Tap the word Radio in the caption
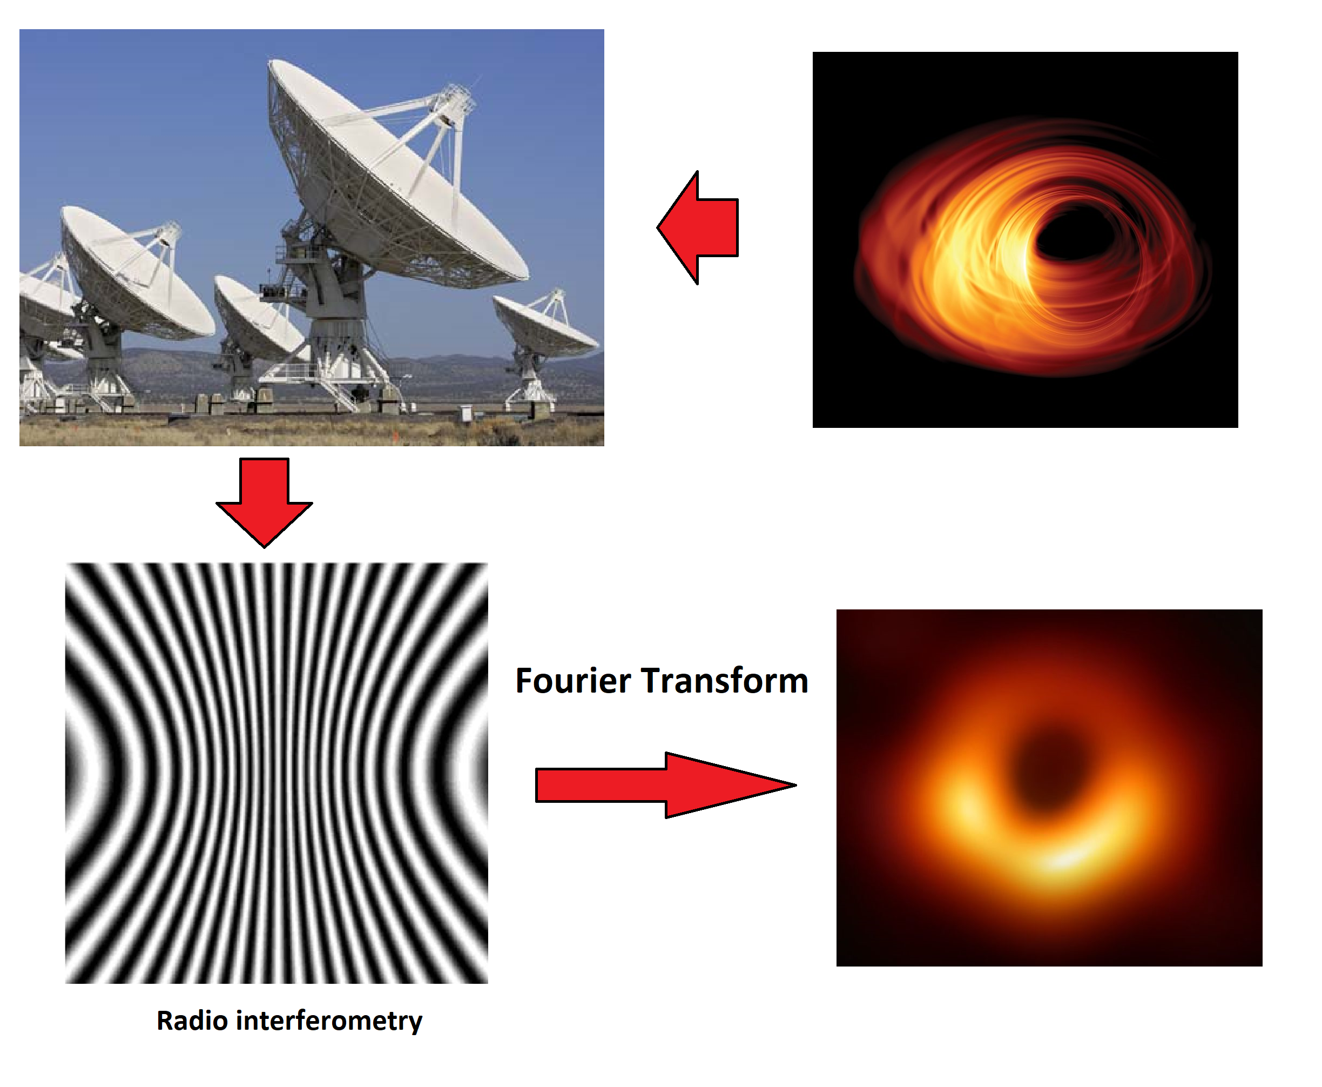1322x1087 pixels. point(192,1020)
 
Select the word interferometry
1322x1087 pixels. point(329,1021)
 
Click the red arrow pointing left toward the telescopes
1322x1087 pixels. point(698,227)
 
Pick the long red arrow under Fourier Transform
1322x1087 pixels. point(666,784)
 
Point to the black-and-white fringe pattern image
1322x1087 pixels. point(276,773)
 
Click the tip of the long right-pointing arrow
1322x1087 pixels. point(796,784)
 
